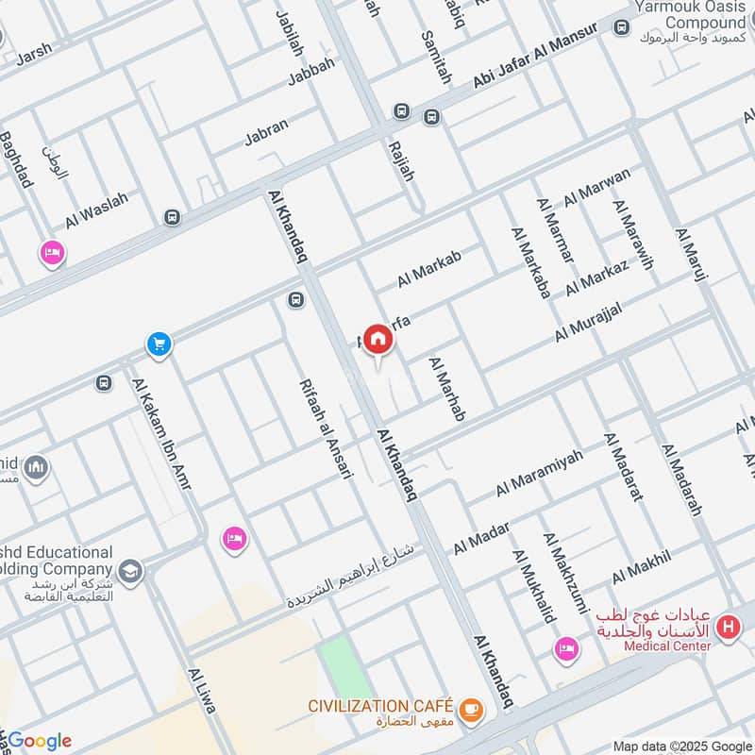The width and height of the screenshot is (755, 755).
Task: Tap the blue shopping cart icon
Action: click(x=159, y=344)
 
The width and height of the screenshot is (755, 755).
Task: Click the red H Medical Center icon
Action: click(x=728, y=626)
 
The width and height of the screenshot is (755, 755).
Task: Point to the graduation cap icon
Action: click(x=130, y=570)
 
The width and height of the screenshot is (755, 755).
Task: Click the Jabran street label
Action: click(x=266, y=135)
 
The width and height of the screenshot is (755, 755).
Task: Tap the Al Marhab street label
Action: click(x=446, y=388)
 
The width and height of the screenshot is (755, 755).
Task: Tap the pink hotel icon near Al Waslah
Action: click(x=52, y=253)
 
